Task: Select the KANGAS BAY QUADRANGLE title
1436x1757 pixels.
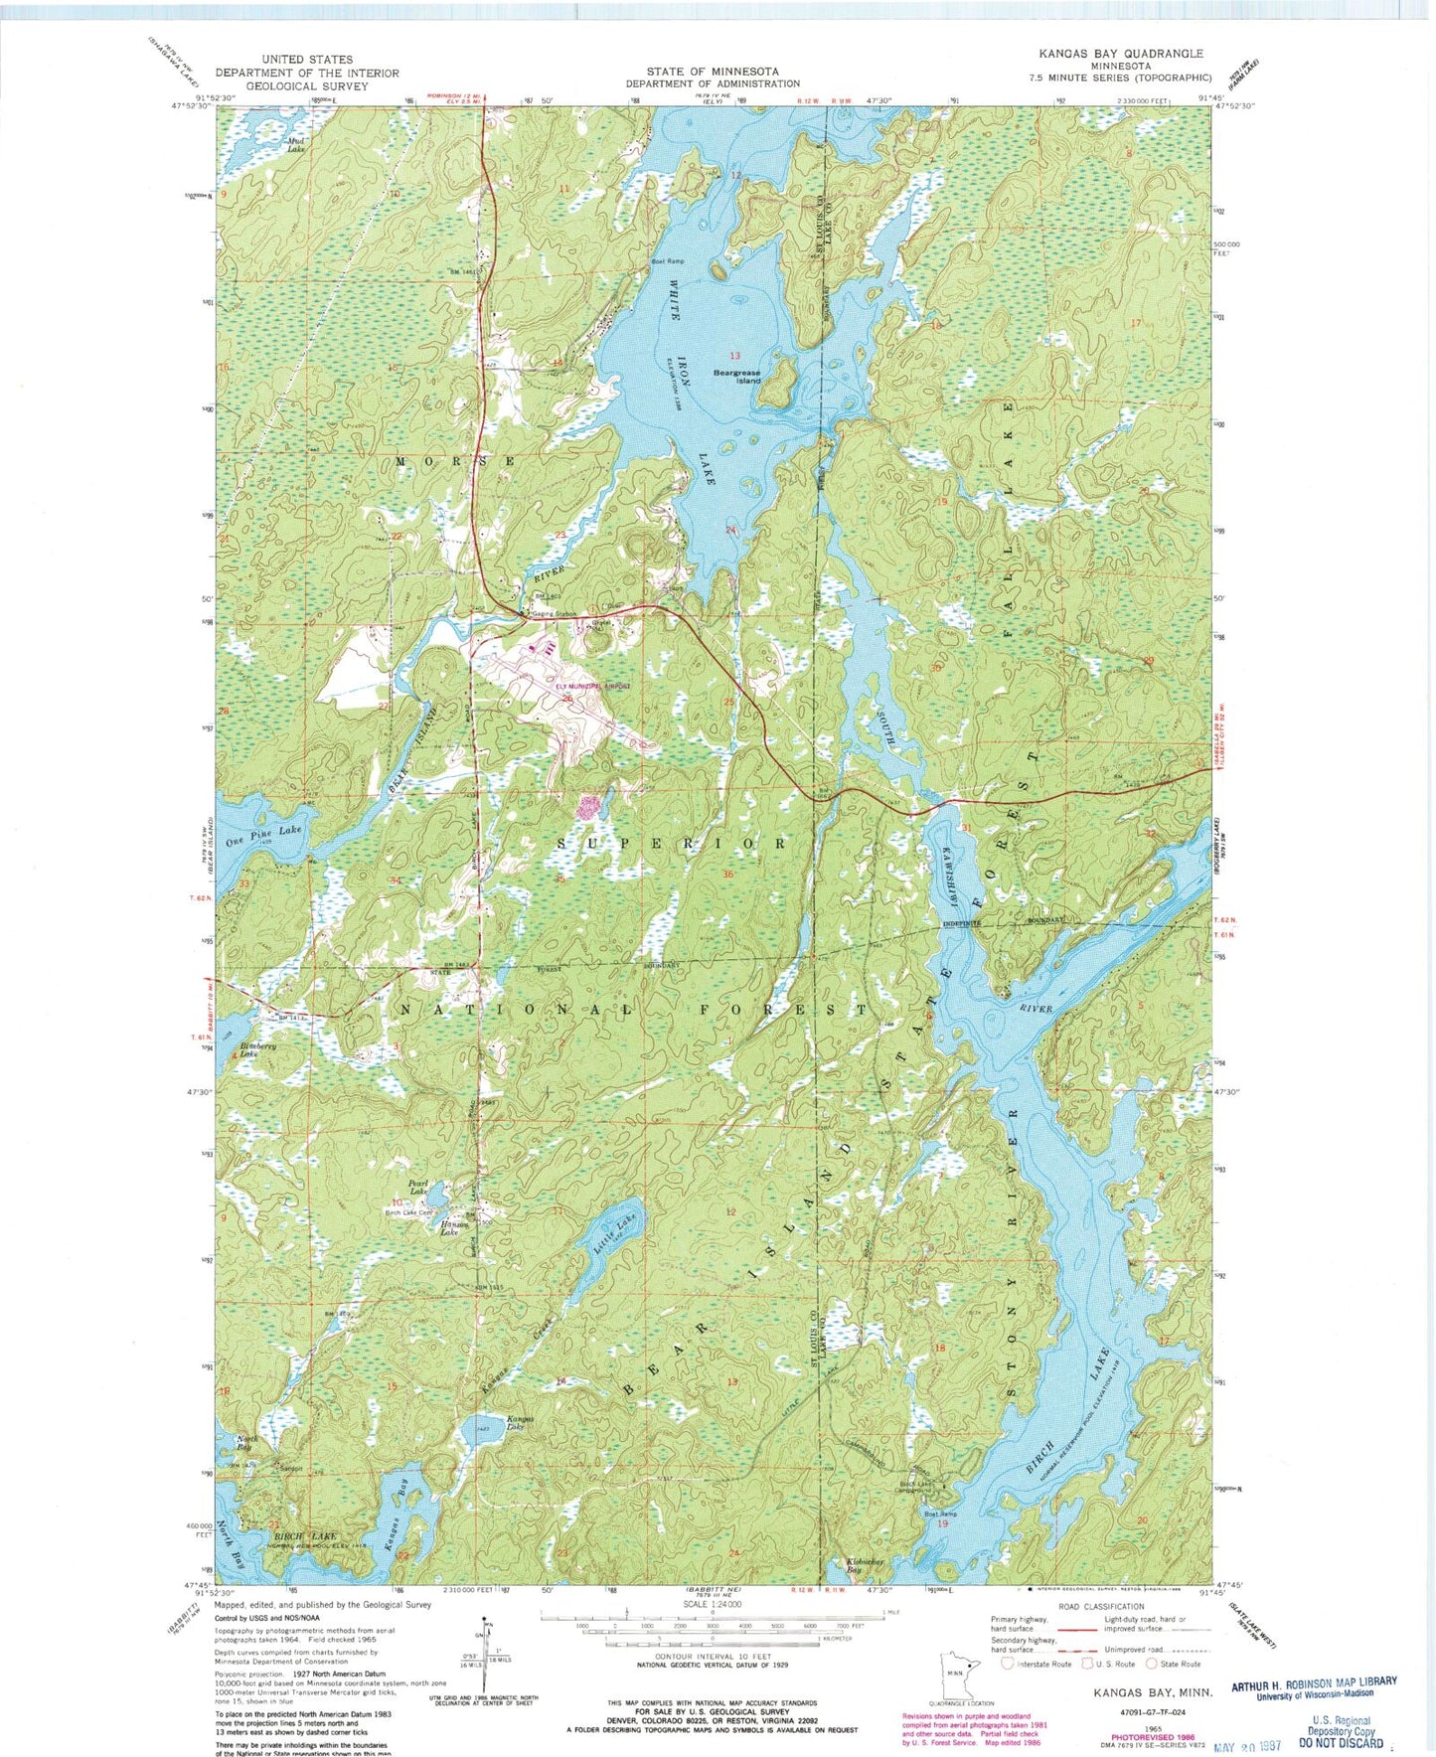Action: [x=1120, y=54]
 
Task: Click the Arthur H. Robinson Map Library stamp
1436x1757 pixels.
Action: [x=1314, y=1687]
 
